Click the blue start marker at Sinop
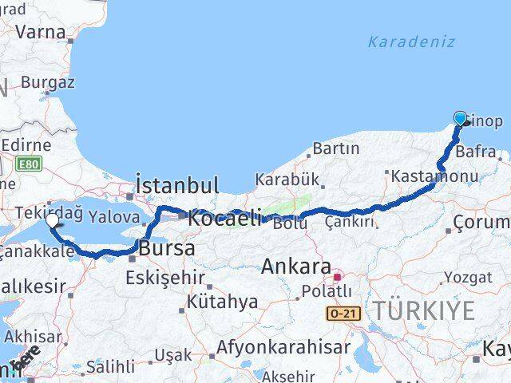pyautogui.click(x=461, y=119)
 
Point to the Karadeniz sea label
pyautogui.click(x=411, y=41)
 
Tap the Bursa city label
pyautogui.click(x=166, y=248)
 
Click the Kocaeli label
pyautogui.click(x=226, y=216)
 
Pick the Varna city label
pyautogui.click(x=40, y=32)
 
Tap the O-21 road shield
pyautogui.click(x=342, y=314)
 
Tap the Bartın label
pyautogui.click(x=335, y=148)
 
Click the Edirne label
pyautogui.click(x=26, y=145)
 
